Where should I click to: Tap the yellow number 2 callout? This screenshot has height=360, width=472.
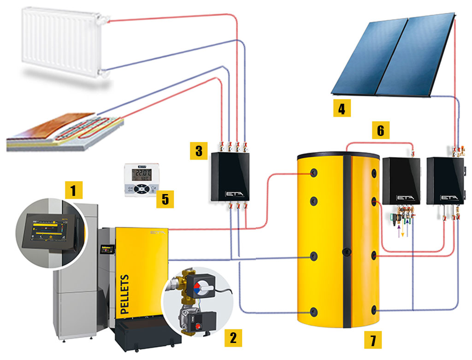(x=233, y=338)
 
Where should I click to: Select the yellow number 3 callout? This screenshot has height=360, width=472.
(x=199, y=151)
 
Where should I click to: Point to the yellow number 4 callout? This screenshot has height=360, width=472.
(x=342, y=109)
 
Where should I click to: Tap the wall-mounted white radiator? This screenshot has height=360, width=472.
(x=65, y=41)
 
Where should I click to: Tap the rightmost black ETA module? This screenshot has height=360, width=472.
(x=445, y=180)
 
